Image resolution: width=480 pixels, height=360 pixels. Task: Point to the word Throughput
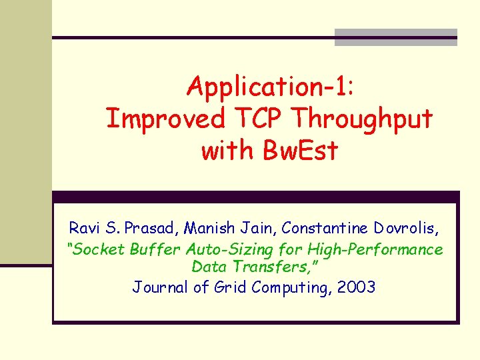click(x=363, y=120)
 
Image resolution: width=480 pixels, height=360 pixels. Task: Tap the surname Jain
click(x=257, y=228)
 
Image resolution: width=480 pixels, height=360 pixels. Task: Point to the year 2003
click(x=356, y=287)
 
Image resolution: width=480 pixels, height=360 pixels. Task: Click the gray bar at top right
click(x=395, y=37)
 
